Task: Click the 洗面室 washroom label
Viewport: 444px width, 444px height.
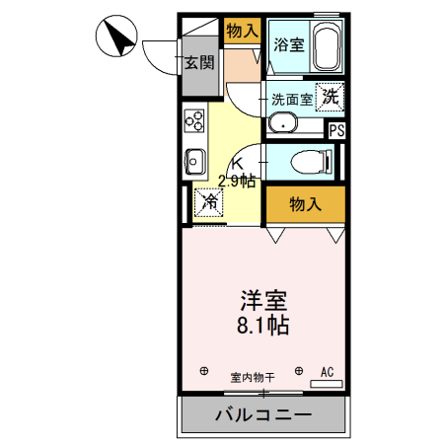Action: click(x=292, y=98)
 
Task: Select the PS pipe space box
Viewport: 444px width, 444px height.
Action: click(x=336, y=129)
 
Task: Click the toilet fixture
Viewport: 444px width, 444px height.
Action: click(x=313, y=161)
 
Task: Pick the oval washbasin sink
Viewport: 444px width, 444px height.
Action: click(x=284, y=124)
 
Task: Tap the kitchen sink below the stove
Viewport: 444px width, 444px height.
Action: click(x=193, y=159)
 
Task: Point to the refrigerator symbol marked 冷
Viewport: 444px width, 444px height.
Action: click(x=210, y=201)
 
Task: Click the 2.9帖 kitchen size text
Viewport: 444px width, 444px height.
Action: click(x=237, y=180)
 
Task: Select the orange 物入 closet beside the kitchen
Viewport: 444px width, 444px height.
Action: click(x=306, y=204)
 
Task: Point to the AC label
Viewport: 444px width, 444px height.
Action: click(x=327, y=372)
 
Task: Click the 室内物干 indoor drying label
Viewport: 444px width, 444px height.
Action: click(x=253, y=376)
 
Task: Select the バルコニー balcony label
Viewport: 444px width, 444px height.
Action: click(x=263, y=414)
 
